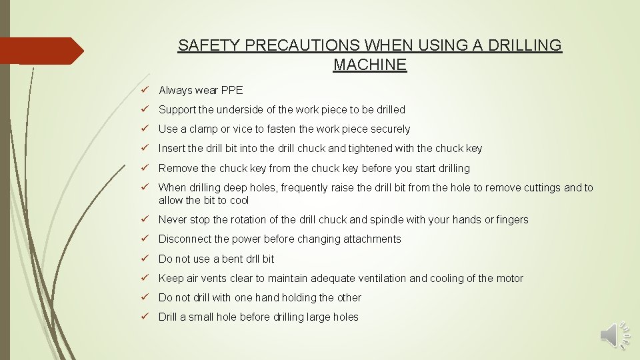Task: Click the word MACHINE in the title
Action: click(369, 65)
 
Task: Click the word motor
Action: click(510, 278)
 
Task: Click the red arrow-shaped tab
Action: click(40, 51)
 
